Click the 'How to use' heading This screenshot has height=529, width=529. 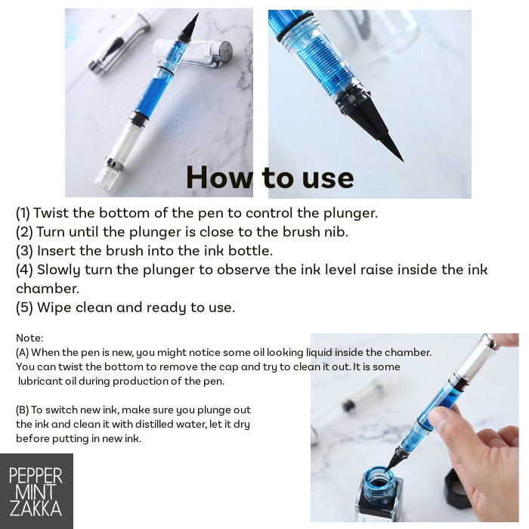(270, 178)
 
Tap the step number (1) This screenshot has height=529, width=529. (23, 213)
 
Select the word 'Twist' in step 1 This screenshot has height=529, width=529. (51, 213)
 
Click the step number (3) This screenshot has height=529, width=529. (24, 251)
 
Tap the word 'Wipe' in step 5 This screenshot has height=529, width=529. (54, 308)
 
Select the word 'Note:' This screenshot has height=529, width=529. (29, 338)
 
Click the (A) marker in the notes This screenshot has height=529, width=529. (22, 353)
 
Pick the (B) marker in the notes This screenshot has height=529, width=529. (22, 410)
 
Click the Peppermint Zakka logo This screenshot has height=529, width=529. (36, 491)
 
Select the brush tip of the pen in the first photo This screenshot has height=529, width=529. (189, 27)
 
